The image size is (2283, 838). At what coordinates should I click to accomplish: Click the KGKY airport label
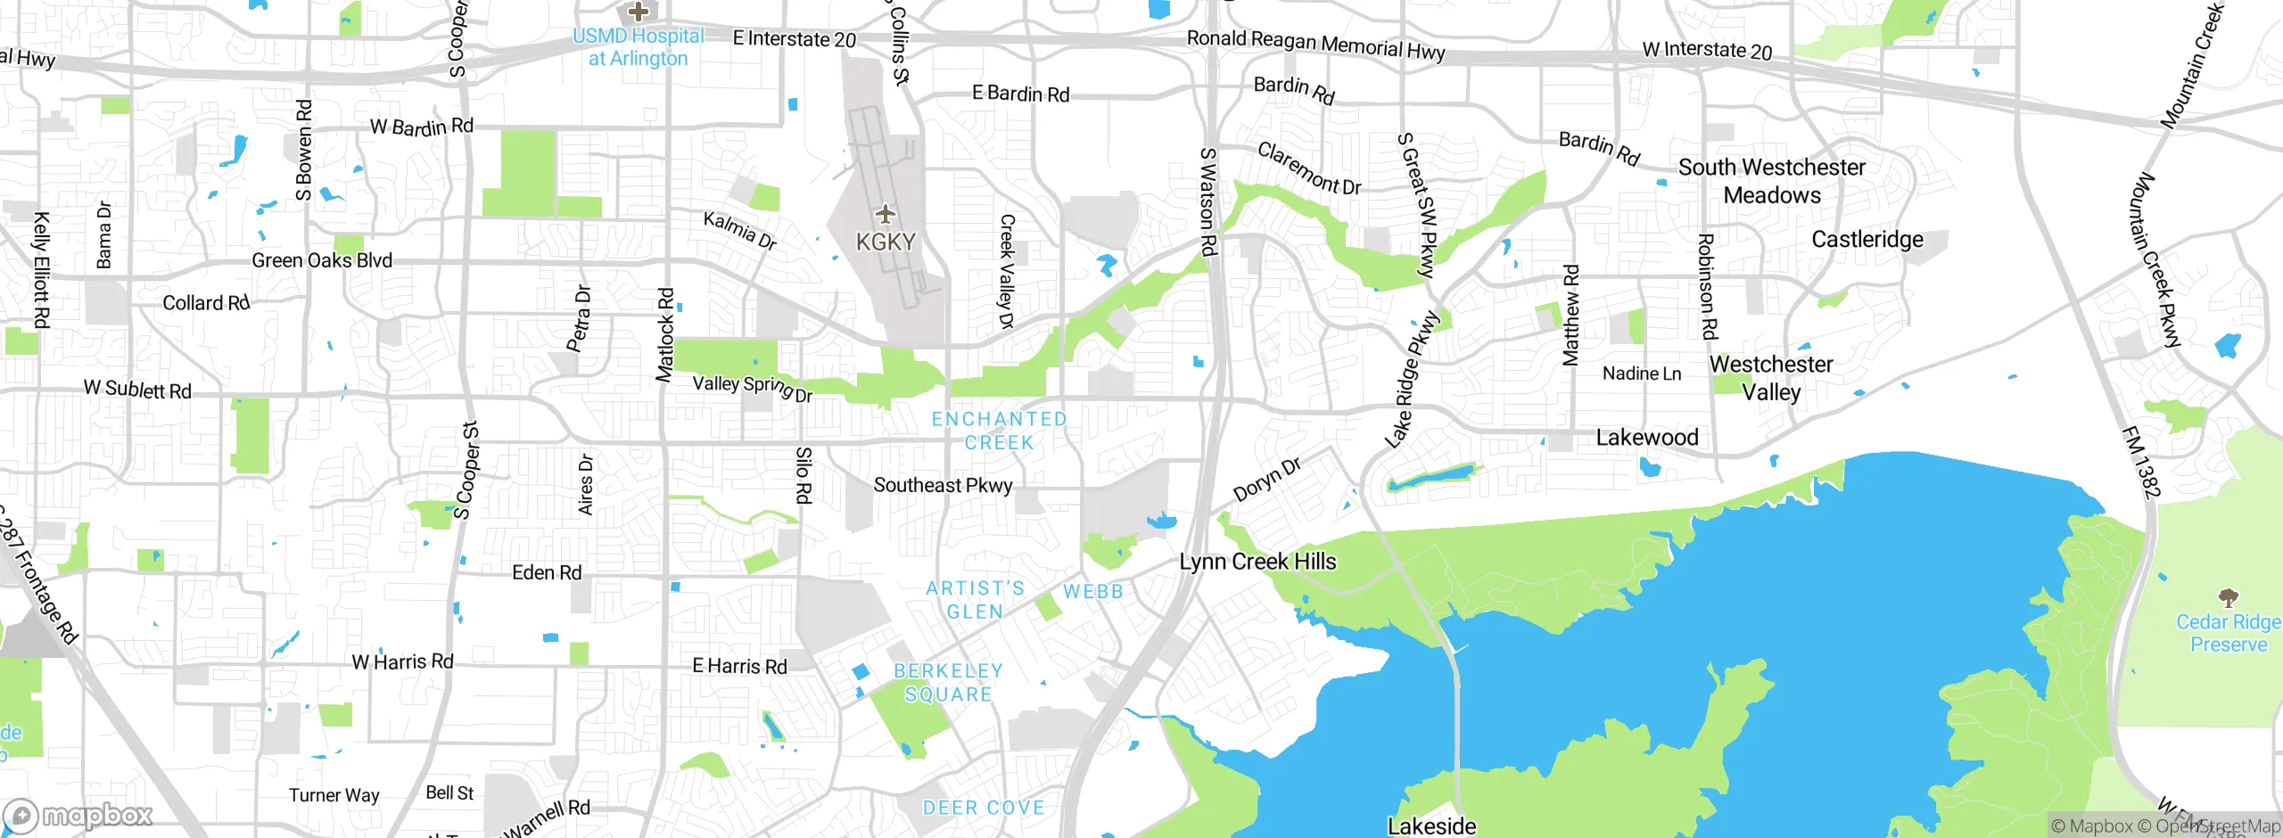click(885, 242)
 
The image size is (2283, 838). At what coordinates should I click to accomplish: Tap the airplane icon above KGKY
click(885, 214)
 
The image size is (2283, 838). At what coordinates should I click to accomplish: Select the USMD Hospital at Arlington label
click(638, 47)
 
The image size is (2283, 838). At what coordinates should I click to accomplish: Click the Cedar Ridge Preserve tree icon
click(2228, 596)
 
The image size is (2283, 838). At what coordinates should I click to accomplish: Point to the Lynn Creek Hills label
click(1257, 562)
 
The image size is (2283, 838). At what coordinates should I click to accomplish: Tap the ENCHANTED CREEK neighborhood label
click(999, 431)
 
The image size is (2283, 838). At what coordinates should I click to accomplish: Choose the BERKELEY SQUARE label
click(948, 683)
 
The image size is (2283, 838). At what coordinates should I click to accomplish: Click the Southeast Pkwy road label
click(943, 485)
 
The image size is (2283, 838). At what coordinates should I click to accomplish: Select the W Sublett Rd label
click(137, 390)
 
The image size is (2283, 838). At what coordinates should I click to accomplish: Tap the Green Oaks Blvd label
click(322, 260)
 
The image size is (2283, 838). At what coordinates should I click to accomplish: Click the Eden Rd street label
click(547, 572)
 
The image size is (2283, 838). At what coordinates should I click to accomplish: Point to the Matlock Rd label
click(665, 334)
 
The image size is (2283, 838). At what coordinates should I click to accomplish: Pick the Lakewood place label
click(1646, 438)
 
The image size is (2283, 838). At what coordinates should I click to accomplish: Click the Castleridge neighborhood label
click(1867, 240)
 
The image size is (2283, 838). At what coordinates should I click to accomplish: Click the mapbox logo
click(78, 815)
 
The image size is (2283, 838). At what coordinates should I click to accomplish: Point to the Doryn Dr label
click(1266, 480)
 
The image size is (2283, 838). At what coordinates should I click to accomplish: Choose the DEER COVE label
click(983, 808)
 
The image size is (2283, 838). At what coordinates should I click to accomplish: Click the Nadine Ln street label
click(1641, 374)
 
